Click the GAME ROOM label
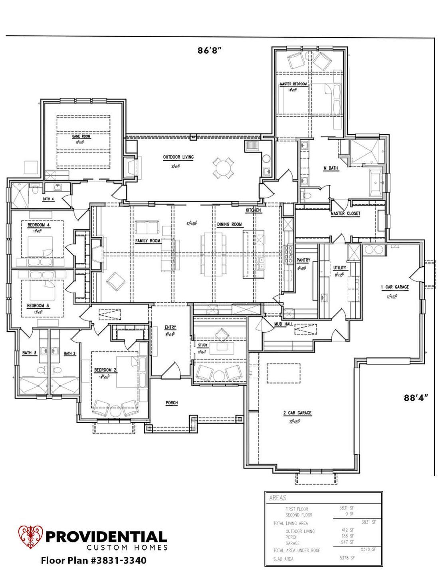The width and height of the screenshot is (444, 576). click(81, 136)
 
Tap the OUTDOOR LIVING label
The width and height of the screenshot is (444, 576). click(178, 157)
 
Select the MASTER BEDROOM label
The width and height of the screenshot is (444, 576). click(293, 84)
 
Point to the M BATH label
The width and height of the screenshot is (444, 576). click(331, 168)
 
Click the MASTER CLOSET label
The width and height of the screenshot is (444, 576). click(345, 214)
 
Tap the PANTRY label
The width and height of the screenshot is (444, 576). click(303, 260)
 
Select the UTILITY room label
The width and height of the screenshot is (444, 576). click(339, 268)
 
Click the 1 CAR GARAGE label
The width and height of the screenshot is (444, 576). click(394, 287)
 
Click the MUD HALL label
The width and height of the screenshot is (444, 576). click(283, 324)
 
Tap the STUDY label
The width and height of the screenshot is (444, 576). click(203, 345)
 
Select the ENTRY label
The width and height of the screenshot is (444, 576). click(170, 327)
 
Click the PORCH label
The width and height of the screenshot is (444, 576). click(172, 403)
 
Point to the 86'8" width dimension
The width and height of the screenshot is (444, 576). click(209, 50)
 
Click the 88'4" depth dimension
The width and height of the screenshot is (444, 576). click(416, 398)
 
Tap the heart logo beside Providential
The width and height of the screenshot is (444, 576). click(31, 537)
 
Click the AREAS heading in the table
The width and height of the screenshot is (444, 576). click(277, 498)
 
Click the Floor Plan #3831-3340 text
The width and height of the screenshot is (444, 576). click(93, 560)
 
